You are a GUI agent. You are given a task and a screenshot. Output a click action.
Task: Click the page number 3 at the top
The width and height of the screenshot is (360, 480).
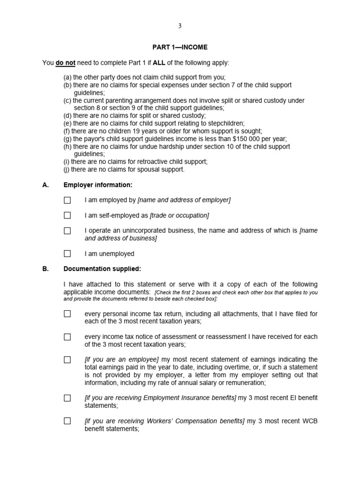(x=180, y=26)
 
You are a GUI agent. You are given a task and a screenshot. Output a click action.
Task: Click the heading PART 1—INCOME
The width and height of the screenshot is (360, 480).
(x=180, y=47)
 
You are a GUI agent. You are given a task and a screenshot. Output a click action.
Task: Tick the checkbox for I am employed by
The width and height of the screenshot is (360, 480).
(x=67, y=200)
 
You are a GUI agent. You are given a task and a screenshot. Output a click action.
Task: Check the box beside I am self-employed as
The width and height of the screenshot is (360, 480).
(x=67, y=216)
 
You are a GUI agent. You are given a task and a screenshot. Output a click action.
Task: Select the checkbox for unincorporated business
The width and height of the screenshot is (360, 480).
(x=67, y=231)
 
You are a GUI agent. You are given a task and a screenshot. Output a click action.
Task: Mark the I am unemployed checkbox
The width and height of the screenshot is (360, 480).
(x=67, y=254)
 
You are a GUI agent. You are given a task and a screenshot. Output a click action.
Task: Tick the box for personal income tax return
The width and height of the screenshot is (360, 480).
(x=67, y=314)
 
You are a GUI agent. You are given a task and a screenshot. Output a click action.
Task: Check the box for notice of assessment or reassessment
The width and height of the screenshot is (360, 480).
(x=67, y=337)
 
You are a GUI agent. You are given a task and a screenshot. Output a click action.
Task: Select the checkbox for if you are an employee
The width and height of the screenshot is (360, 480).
(x=67, y=360)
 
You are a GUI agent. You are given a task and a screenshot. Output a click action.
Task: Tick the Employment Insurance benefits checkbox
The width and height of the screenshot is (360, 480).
(x=67, y=398)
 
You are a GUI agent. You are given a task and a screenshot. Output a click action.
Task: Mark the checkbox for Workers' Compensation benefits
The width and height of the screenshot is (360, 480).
(x=67, y=421)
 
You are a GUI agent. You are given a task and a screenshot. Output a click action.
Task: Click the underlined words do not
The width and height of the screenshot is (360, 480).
(x=66, y=62)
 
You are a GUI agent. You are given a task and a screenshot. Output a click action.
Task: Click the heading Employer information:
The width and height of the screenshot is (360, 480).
(x=98, y=185)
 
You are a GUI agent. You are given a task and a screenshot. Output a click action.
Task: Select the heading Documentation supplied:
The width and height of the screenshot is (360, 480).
(x=102, y=269)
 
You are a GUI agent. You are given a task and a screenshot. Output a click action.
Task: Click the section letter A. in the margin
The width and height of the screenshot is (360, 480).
(x=45, y=185)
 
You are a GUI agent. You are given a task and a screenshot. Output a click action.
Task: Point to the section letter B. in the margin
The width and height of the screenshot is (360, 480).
(x=45, y=269)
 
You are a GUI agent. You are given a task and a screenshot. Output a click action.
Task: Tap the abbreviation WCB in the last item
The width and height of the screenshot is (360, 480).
(x=308, y=421)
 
